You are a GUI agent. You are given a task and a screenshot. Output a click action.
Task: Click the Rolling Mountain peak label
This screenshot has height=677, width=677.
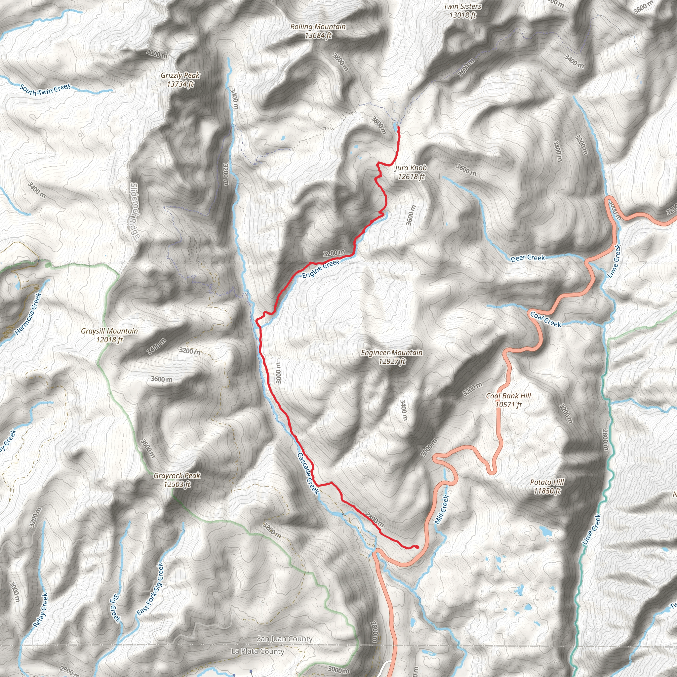318,31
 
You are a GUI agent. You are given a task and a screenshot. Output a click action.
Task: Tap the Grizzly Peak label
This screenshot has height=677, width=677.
180,80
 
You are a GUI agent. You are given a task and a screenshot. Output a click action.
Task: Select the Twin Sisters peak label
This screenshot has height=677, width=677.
462,11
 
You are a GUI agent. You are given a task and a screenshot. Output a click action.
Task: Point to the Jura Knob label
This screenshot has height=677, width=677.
411,172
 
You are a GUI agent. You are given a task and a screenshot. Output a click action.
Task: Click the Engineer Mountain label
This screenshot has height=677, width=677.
392,357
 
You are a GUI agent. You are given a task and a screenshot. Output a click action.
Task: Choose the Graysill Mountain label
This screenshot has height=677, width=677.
109,335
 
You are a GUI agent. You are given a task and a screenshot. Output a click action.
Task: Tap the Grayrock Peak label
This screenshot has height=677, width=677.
177,480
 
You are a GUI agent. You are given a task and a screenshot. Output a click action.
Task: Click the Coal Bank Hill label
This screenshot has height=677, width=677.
508,400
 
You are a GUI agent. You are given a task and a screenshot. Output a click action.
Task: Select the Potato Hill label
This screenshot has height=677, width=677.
547,486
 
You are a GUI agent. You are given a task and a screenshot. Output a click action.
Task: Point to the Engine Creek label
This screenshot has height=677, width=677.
321,269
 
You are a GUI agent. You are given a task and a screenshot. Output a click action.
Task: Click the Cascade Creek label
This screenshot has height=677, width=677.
308,473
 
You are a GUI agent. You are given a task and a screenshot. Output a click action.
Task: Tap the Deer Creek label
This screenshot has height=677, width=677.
528,258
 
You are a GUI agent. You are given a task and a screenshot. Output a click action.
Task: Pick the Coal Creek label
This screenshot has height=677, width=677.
545,319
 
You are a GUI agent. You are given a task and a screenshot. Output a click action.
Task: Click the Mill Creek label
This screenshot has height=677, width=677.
442,510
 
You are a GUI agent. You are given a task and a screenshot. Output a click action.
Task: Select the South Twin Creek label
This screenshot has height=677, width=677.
45,90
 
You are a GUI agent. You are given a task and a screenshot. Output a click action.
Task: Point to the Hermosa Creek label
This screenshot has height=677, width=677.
29,314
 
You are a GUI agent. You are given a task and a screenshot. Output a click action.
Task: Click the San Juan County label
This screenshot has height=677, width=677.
285,639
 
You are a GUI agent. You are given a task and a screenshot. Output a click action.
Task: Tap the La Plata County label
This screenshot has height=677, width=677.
258,652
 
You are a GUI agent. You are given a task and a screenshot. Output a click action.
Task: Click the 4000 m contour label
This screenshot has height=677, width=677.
157,54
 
